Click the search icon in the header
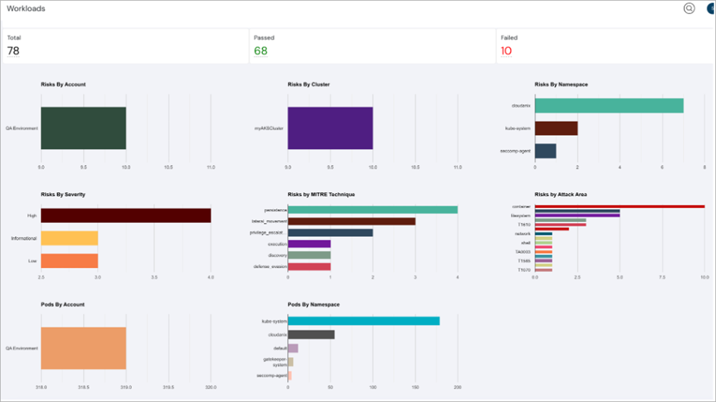click(x=689, y=8)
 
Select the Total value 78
click(x=13, y=51)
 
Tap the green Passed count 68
click(x=260, y=51)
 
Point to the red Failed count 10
click(x=506, y=51)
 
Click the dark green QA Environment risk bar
click(x=83, y=128)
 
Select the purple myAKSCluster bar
click(x=330, y=128)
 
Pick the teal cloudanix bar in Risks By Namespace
click(x=609, y=105)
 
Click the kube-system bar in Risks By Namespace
click(x=556, y=128)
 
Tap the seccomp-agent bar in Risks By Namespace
click(x=545, y=151)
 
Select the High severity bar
click(x=125, y=215)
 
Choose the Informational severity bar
click(x=69, y=238)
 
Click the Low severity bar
click(x=69, y=260)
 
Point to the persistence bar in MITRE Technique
click(x=372, y=210)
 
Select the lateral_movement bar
click(x=351, y=221)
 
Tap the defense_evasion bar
click(x=309, y=266)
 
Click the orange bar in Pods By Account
click(x=83, y=348)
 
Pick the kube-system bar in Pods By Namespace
click(x=363, y=321)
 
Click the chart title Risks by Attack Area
click(x=561, y=195)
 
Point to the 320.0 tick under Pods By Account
click(x=211, y=388)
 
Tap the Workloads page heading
click(x=26, y=9)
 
